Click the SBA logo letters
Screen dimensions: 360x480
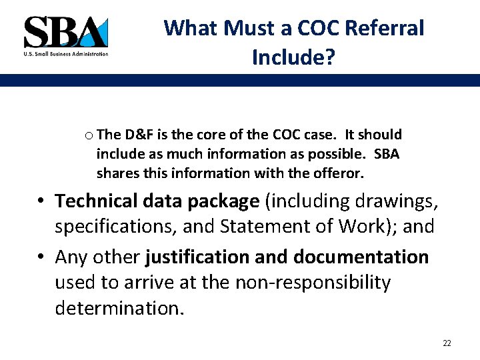(65, 31)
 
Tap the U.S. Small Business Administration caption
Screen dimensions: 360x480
(65, 54)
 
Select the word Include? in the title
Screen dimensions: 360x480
(293, 57)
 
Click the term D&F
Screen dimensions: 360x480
(140, 135)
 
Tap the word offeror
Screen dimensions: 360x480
(341, 173)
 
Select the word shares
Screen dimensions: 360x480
(115, 173)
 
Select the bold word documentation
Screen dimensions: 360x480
(361, 257)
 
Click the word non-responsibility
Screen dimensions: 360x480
(313, 283)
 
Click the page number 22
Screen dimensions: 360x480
(447, 343)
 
